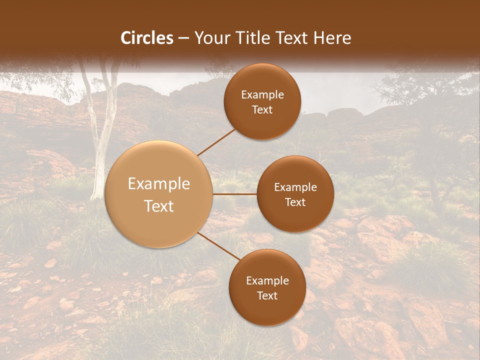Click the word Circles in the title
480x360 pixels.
[146, 38]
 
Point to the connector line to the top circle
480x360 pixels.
[216, 142]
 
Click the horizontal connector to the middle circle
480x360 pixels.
[235, 194]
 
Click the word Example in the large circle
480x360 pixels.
[159, 184]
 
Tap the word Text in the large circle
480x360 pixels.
[159, 206]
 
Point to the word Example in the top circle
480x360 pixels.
[262, 95]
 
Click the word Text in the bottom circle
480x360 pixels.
[267, 296]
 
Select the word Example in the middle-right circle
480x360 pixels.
[295, 187]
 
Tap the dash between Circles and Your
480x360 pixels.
[183, 38]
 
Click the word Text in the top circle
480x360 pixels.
[262, 110]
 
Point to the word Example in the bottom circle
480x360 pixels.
[267, 281]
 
